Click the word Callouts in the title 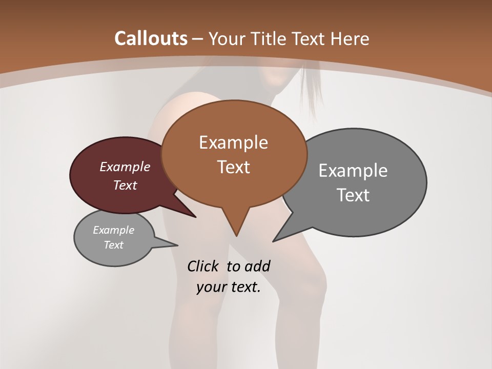(151, 38)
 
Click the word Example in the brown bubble (233, 142)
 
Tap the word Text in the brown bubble (233, 167)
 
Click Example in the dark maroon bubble (125, 167)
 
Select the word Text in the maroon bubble (125, 185)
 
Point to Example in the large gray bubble (353, 170)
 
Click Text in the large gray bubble (353, 195)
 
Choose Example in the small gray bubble (113, 230)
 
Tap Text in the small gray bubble (113, 245)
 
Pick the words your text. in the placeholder (229, 288)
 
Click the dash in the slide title (198, 38)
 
